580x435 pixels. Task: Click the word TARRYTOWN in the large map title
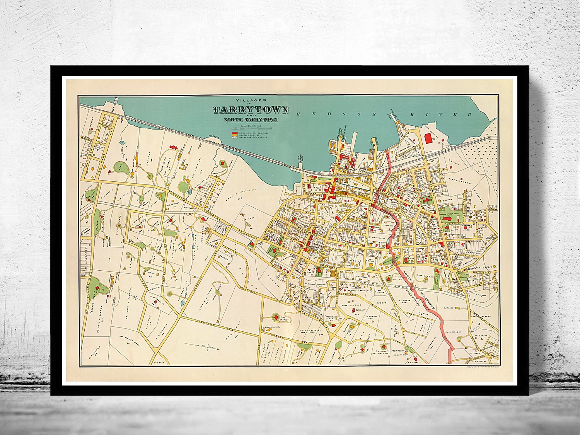click(x=250, y=110)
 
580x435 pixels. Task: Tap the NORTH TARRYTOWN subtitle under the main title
click(x=250, y=120)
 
